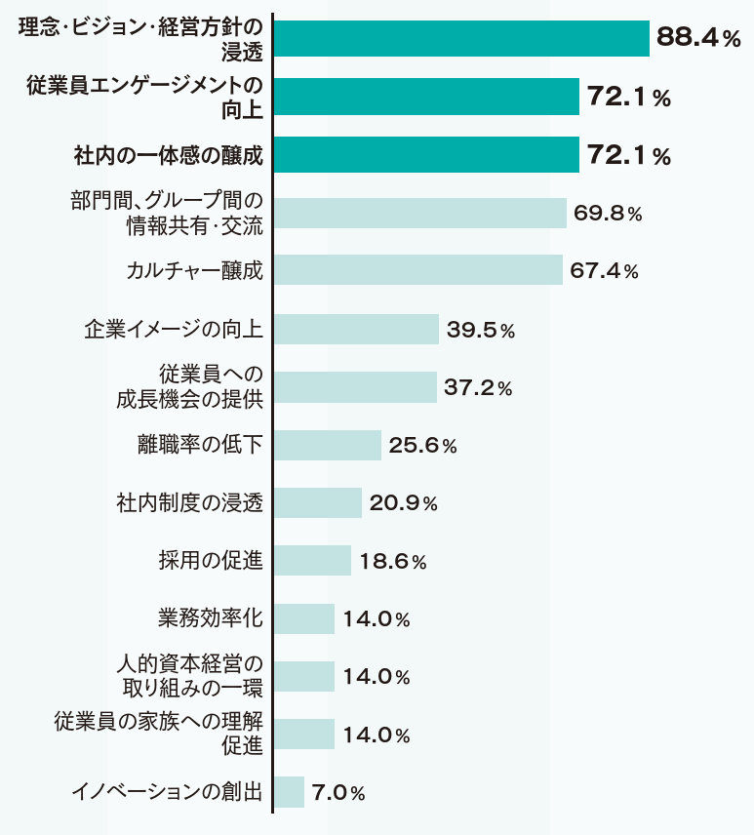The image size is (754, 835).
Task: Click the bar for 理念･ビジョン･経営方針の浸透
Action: (x=461, y=38)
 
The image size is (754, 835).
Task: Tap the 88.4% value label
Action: (x=699, y=38)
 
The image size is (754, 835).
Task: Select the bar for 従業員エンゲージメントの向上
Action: (x=426, y=97)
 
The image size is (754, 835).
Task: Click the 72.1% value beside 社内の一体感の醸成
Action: (x=628, y=155)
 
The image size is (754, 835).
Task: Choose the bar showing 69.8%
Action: (x=420, y=213)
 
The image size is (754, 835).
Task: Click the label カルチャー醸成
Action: (x=195, y=270)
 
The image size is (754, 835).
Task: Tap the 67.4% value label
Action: (x=604, y=270)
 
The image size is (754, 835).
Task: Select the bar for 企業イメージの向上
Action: (x=356, y=329)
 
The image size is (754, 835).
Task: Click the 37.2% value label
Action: (x=478, y=387)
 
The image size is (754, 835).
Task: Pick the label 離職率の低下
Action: (x=200, y=445)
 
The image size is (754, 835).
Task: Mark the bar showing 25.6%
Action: (x=328, y=445)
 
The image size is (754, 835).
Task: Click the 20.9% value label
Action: (x=403, y=503)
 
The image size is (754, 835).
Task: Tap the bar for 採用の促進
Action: (x=312, y=561)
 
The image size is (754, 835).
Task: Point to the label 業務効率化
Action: (x=211, y=618)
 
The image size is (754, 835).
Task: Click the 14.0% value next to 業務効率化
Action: (x=376, y=619)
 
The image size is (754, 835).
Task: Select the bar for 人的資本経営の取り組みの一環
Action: (x=304, y=676)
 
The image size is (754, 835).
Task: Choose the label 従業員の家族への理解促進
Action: (x=159, y=735)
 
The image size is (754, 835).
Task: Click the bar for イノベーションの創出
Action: (x=290, y=792)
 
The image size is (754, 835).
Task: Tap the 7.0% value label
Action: (x=337, y=793)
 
